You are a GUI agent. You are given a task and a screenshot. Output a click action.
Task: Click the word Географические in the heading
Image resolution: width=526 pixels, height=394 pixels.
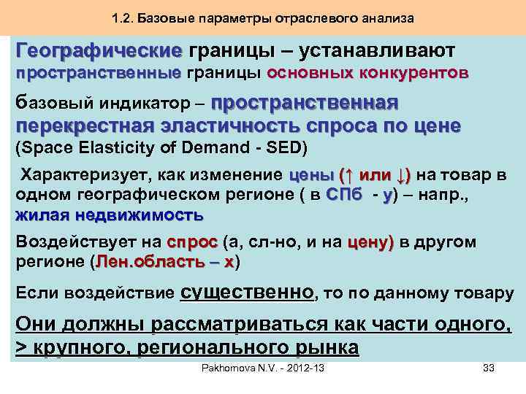(99, 51)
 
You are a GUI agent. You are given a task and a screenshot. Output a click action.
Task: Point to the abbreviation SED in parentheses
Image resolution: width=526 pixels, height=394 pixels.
(286, 148)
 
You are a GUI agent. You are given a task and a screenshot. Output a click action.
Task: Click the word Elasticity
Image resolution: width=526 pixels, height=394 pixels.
(115, 148)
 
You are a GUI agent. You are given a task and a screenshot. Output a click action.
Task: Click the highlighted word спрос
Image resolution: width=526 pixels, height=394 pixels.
(193, 242)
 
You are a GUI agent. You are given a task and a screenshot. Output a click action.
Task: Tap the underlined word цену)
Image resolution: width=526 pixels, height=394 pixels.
(370, 242)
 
